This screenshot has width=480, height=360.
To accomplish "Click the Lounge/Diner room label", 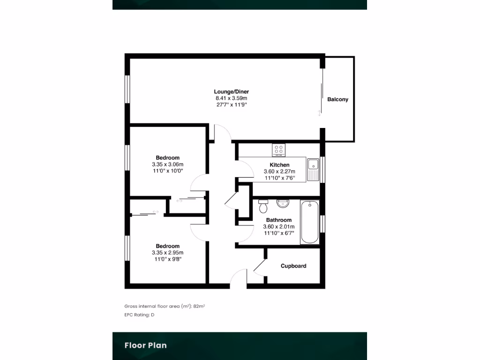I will [x=231, y=92].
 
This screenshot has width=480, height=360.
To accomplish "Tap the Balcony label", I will [x=337, y=99].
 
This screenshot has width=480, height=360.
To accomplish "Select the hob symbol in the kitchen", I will [x=278, y=150].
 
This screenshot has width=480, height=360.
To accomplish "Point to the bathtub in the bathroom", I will [x=310, y=222].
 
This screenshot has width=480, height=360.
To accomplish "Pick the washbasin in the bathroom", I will [x=283, y=203].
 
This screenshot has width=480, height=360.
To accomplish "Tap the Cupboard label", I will [x=293, y=266].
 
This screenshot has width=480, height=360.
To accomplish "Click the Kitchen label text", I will [x=279, y=165].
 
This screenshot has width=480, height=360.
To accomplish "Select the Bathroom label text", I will [x=279, y=220].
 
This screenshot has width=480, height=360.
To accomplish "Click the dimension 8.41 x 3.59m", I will [x=231, y=98].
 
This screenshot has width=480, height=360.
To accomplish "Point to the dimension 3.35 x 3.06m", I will [x=167, y=165].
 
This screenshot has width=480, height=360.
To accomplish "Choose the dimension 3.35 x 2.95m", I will [x=167, y=253].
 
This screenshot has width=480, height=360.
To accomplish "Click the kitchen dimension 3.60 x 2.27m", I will [x=279, y=172].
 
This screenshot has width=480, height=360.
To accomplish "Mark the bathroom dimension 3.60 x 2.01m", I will [x=279, y=226].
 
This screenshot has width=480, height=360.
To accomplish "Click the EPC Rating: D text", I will [x=139, y=315].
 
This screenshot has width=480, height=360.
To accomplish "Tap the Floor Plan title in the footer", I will [x=145, y=345].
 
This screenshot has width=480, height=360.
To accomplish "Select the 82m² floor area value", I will [x=199, y=306].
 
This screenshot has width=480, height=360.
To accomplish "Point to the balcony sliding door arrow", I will [x=320, y=113].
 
